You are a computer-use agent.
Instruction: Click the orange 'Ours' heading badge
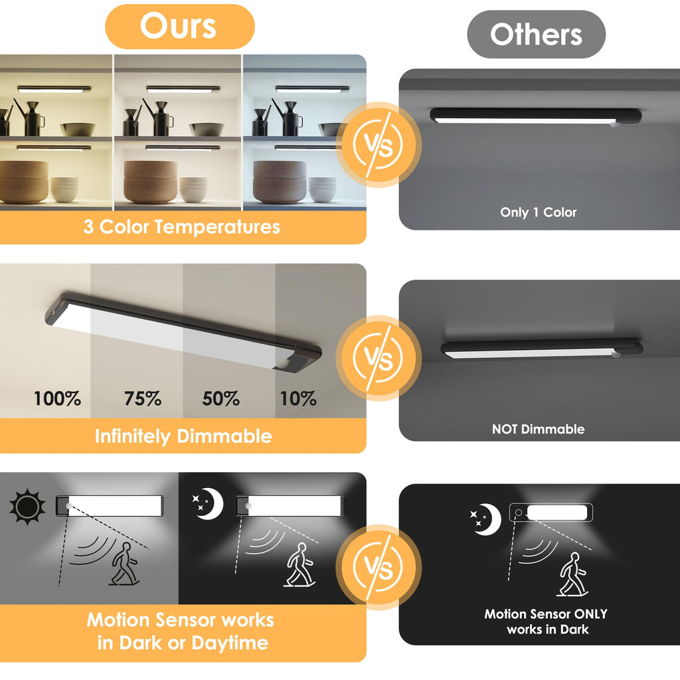pos(179,27)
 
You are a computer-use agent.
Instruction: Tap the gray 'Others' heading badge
pos(536,35)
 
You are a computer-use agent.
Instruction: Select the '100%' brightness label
pos(57,398)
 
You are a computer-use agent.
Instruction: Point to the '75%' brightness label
pos(143,398)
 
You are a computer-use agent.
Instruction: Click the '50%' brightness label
pos(220,398)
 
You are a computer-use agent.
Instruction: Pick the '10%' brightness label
pos(298,398)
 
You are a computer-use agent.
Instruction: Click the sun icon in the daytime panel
pos(27,507)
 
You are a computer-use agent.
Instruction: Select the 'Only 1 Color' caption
pos(538,212)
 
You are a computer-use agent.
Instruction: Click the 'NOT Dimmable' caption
pos(538,430)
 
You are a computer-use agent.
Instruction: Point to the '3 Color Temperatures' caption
pos(182,227)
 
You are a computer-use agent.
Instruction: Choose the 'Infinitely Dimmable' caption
pos(183,436)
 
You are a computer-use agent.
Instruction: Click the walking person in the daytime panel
pos(124,564)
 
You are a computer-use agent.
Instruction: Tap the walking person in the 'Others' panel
pos(573,574)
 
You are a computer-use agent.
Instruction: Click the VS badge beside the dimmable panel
pos(378,358)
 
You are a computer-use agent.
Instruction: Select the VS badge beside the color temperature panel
pos(378,145)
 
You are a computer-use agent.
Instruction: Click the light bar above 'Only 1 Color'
pos(536,116)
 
